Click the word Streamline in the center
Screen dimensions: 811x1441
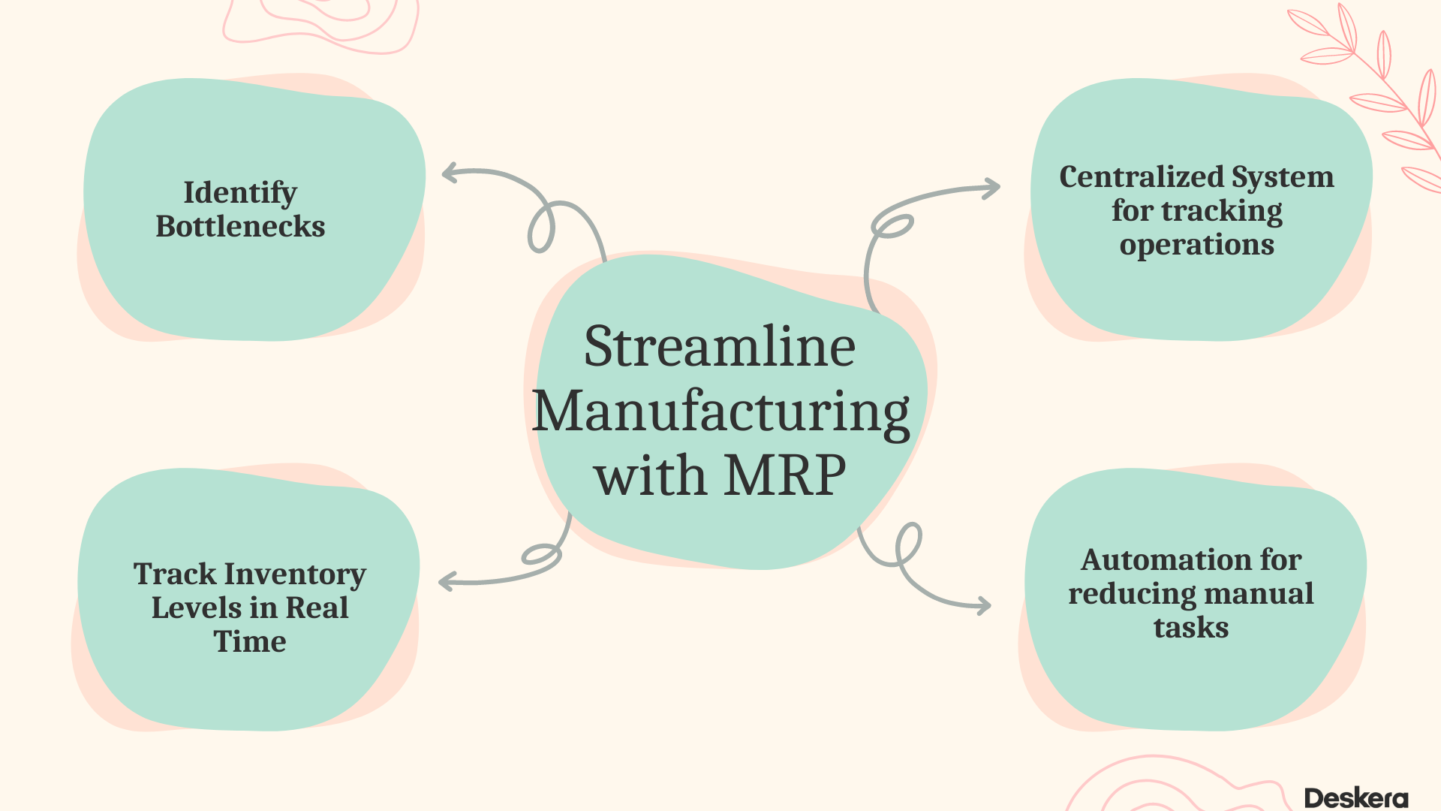[719, 347]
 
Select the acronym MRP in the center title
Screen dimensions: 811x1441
[785, 476]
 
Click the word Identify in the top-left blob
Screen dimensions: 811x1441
[240, 193]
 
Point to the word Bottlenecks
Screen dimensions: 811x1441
[240, 227]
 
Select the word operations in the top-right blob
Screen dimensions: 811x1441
[1196, 245]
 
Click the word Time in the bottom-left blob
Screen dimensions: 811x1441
[250, 642]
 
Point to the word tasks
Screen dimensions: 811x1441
[1191, 628]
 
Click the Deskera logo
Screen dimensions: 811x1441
[1355, 797]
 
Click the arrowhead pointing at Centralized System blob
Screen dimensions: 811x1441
[992, 188]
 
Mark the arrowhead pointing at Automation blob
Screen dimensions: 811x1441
[983, 605]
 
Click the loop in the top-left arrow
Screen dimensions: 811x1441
[541, 228]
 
